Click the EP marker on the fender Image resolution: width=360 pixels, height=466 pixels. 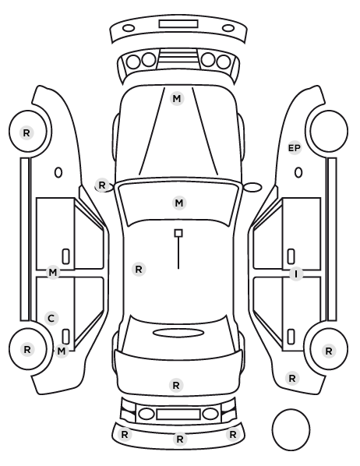[295, 148]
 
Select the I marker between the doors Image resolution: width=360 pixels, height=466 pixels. [296, 274]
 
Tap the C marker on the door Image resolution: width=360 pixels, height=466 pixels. [51, 318]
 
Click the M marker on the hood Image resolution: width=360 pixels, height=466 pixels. [177, 98]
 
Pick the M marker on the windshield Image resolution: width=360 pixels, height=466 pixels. [179, 203]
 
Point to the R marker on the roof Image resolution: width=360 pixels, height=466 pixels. [139, 270]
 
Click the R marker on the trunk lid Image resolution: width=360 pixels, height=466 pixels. [176, 385]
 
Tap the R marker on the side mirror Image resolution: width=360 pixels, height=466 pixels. [101, 185]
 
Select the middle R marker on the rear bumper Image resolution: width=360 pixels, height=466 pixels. [179, 439]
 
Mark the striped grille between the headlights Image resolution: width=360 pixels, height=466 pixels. [178, 59]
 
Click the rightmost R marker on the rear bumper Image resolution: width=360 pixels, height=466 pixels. [232, 435]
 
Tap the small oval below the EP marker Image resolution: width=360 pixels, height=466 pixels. [298, 172]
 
